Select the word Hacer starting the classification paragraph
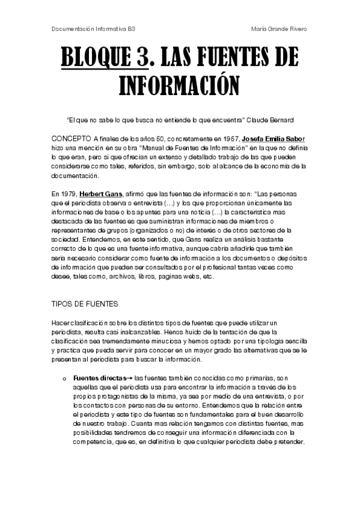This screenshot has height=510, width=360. [62, 324]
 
